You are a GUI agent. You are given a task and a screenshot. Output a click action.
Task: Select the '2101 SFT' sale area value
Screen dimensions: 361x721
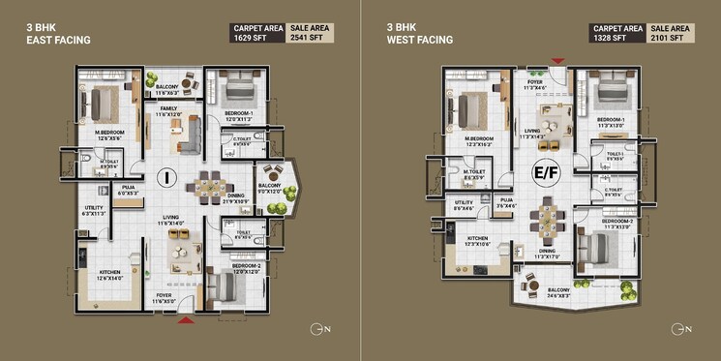pos(673,39)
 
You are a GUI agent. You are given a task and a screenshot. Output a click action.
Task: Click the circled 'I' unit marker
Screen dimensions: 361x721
pos(166,177)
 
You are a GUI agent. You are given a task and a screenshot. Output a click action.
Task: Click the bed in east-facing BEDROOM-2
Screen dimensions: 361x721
pos(225,287)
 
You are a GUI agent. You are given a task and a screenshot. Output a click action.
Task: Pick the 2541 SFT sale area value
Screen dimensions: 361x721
pos(310,39)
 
